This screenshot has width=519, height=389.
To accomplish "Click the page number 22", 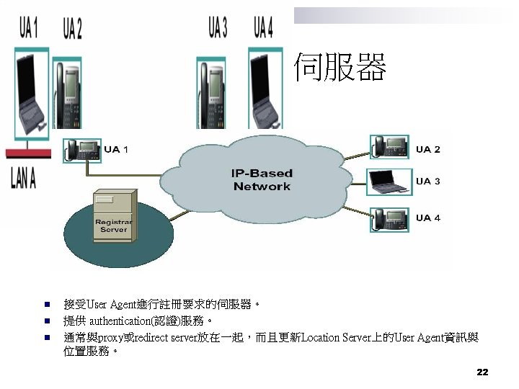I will (482, 372).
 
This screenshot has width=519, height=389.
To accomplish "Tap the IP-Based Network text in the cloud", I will (262, 180).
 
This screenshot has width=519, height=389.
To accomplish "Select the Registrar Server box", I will (113, 213).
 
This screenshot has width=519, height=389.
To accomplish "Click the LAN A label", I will (23, 178).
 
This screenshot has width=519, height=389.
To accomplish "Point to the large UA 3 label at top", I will (217, 28).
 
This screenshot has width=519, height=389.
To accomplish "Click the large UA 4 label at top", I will (263, 28).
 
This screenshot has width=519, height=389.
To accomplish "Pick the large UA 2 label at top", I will (72, 28).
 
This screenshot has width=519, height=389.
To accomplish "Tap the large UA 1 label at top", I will (28, 28).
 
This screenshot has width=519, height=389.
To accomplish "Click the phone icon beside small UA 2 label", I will (389, 147).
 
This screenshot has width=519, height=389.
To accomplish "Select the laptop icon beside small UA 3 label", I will (389, 182).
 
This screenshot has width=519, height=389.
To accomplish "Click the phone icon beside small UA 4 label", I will (389, 218).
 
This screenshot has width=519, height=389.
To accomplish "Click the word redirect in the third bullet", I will (151, 337).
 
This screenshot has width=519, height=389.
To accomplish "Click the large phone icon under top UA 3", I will (213, 90).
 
